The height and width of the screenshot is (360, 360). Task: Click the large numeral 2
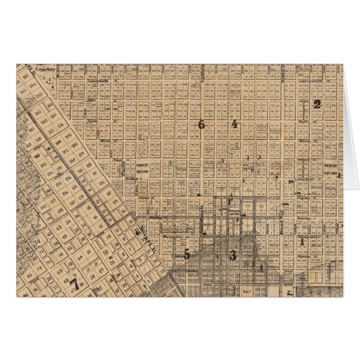point(317,103)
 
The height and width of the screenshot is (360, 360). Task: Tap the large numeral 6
point(201,124)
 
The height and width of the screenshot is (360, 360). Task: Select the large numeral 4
point(234,124)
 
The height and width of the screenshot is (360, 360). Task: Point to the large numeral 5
point(187,254)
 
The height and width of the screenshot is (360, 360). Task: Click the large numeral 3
point(233,255)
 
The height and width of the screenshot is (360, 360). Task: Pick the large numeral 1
point(302,241)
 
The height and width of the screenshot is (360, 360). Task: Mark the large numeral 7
point(73,283)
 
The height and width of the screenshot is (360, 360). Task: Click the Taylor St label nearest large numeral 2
point(305,121)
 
